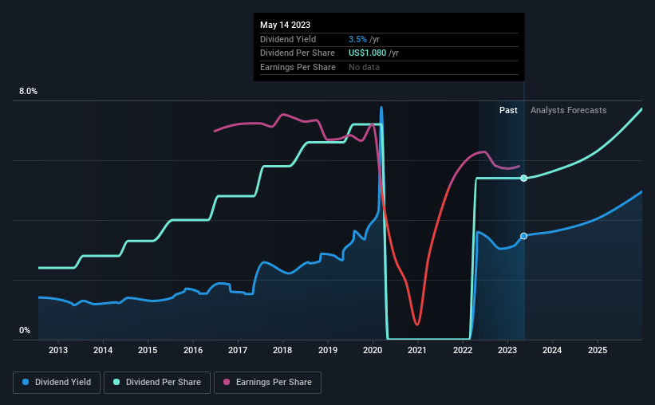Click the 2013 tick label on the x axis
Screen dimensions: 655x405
tap(58, 350)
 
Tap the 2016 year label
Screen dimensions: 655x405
tap(193, 350)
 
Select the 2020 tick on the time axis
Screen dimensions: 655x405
tap(373, 350)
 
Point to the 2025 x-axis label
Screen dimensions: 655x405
tap(598, 350)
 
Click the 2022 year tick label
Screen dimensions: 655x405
tap(463, 350)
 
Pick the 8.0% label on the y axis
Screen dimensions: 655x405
tap(28, 91)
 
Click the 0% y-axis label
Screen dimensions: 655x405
tap(25, 330)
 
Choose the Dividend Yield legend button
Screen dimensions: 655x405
tap(57, 383)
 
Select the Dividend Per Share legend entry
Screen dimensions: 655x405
tap(157, 383)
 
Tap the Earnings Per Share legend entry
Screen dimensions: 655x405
tap(267, 383)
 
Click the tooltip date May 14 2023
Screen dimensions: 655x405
tap(286, 25)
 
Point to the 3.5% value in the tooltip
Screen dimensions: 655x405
tap(357, 39)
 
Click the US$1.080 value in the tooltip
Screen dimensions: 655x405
tap(367, 53)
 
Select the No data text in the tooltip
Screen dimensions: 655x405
tap(364, 67)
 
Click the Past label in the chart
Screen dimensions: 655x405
tap(508, 110)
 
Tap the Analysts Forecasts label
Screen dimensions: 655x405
tap(569, 110)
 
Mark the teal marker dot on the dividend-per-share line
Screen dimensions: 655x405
tap(524, 179)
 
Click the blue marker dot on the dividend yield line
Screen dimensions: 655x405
tap(524, 236)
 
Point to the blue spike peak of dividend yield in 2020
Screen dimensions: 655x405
tap(381, 108)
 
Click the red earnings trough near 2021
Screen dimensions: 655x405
tap(417, 324)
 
